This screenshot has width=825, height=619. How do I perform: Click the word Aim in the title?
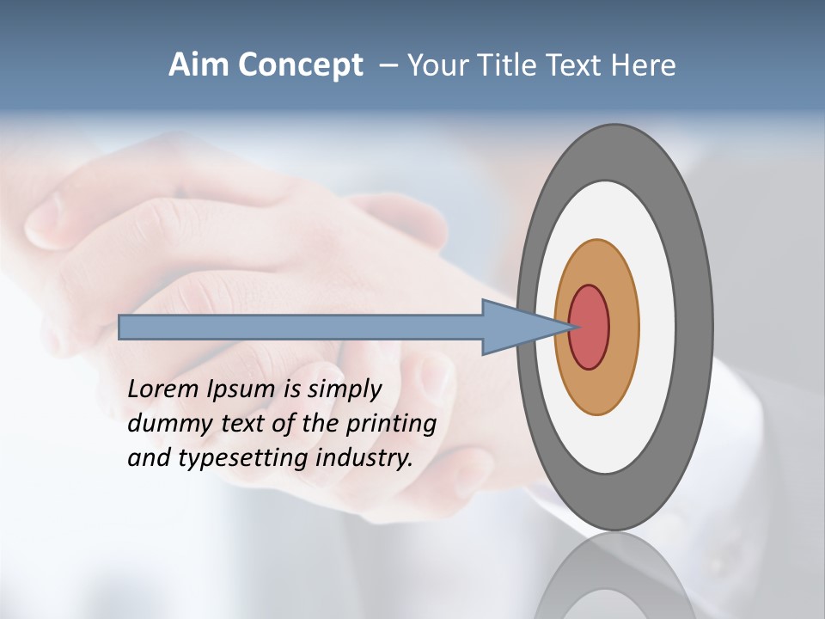(199, 65)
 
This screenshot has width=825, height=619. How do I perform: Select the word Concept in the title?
(301, 65)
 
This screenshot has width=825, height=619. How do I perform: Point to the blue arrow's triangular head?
(516, 327)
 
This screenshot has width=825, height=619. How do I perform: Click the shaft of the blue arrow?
(301, 327)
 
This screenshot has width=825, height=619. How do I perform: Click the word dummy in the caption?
(166, 424)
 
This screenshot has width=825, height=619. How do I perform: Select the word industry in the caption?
(364, 458)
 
